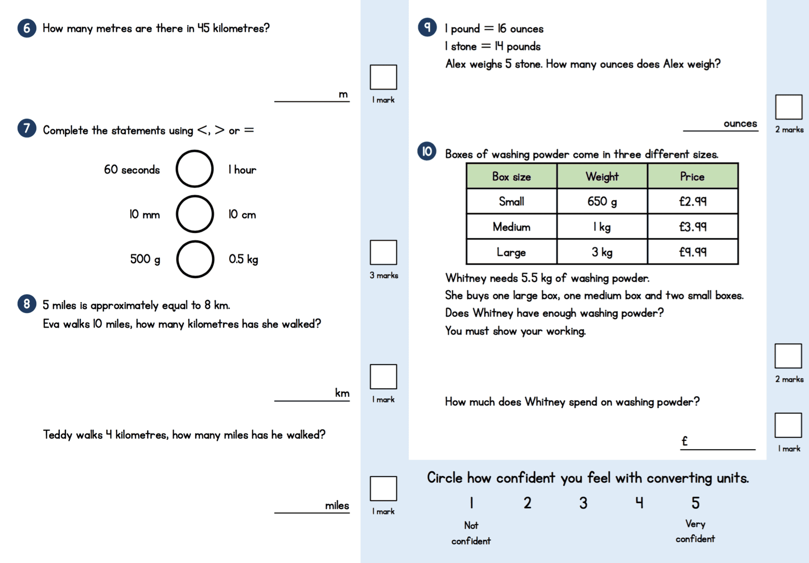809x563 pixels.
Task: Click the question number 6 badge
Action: (x=27, y=28)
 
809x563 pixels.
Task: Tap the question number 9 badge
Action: (x=427, y=27)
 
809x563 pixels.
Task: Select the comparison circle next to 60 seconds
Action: (x=194, y=169)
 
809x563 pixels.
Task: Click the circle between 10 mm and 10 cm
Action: (x=195, y=214)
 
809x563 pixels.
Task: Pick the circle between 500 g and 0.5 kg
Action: (x=195, y=259)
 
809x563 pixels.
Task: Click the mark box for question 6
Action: (x=383, y=77)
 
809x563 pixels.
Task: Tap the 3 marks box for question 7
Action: (x=383, y=252)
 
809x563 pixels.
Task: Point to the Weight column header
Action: (x=602, y=176)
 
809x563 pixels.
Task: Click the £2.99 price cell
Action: (x=692, y=201)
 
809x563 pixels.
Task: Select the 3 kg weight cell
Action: (x=602, y=252)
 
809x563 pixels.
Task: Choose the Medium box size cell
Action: (x=511, y=227)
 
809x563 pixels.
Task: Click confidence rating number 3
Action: (x=583, y=503)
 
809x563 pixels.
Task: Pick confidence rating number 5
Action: (x=695, y=503)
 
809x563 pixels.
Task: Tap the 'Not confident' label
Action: (x=471, y=533)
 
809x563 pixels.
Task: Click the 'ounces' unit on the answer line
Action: (x=740, y=124)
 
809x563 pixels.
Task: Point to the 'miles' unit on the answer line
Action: (x=337, y=505)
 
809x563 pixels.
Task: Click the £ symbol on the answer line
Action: (x=685, y=441)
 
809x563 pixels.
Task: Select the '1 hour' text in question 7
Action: (x=242, y=170)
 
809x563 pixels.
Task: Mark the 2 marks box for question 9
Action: (x=788, y=107)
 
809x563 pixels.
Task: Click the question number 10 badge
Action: (x=426, y=151)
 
